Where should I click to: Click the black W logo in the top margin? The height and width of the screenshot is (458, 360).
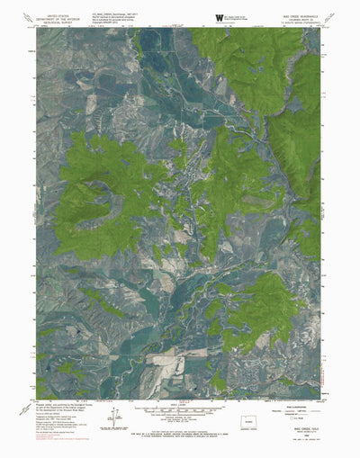coord(220,17)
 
